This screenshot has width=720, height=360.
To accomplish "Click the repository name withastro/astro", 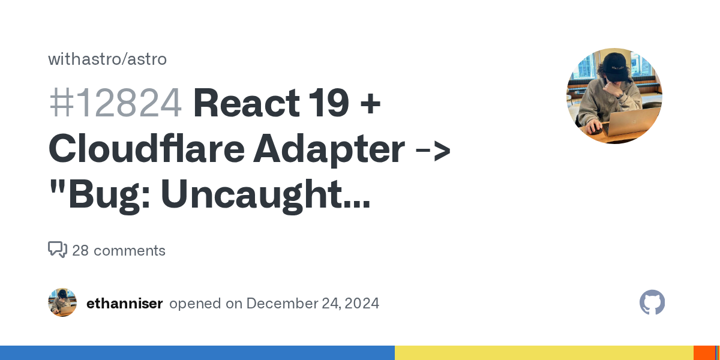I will [x=107, y=59].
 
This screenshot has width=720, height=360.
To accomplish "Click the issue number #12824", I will [x=115, y=103].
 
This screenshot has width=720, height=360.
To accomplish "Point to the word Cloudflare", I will [x=145, y=150].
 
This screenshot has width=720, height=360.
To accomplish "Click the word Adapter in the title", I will [x=328, y=150].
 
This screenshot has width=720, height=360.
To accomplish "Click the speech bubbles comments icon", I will [x=58, y=250].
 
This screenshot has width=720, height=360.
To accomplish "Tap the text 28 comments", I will [x=119, y=251].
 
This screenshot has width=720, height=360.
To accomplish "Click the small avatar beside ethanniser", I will [x=62, y=302].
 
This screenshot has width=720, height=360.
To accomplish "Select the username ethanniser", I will [x=125, y=304].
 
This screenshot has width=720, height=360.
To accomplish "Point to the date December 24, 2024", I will [x=313, y=304].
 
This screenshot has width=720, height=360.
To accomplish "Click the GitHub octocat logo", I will [x=652, y=303].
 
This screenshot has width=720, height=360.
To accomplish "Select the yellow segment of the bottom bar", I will [x=544, y=353].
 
